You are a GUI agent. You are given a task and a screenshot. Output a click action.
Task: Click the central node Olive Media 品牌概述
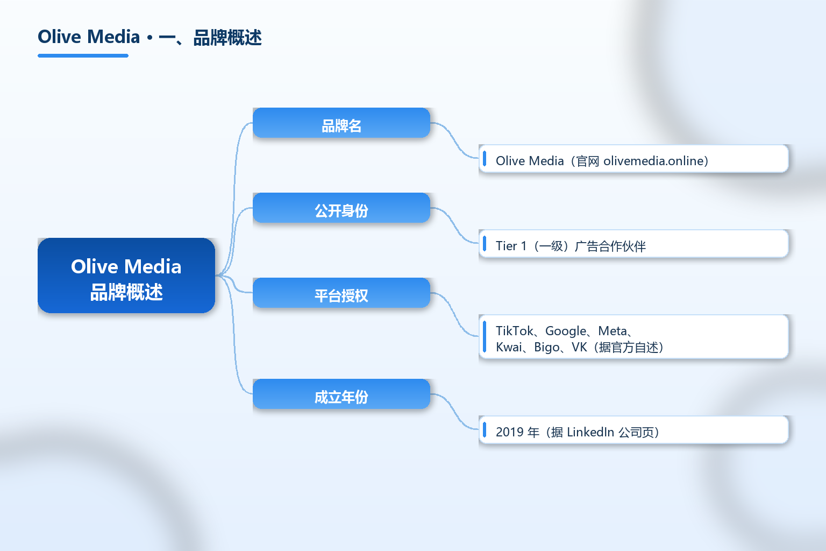point(126,275)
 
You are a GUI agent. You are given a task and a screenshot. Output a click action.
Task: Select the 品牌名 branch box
point(341,123)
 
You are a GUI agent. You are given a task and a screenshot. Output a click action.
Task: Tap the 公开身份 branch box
point(341,207)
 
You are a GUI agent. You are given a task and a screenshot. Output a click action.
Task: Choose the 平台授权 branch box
point(341,292)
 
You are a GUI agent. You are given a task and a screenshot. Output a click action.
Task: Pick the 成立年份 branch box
point(341,394)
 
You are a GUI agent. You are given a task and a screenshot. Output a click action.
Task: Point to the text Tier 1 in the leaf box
point(511,246)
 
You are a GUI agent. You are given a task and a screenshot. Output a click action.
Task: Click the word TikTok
point(515,331)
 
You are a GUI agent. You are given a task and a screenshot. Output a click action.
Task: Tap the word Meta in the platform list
point(612,331)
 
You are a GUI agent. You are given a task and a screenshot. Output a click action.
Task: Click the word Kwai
point(509,347)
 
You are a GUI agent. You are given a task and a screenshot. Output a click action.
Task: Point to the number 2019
point(509,432)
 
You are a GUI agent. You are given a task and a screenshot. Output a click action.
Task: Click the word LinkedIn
point(590,432)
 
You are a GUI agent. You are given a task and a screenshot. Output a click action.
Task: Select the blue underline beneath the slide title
point(83,56)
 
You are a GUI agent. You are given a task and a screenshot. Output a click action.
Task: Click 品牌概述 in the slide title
point(227,38)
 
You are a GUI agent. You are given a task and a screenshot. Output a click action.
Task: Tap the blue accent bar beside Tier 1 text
point(485,243)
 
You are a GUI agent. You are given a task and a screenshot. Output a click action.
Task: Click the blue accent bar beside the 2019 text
point(485,429)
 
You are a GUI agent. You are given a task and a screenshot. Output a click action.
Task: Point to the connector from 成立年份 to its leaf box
point(454,411)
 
